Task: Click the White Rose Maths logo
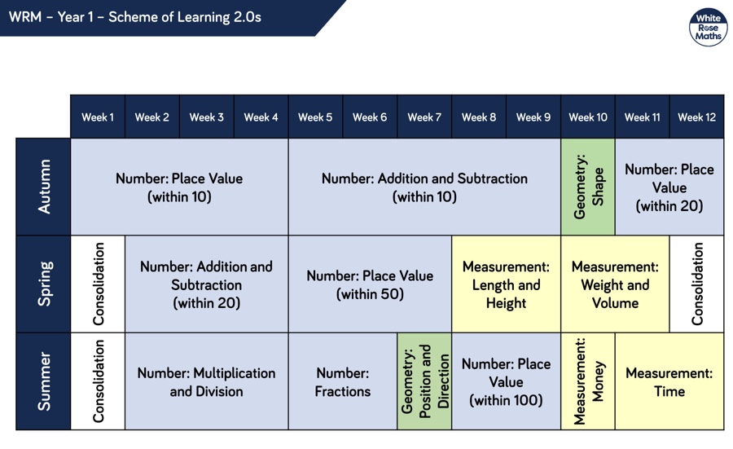pos(708,27)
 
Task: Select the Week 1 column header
pos(98,117)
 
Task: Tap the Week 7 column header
pos(424,117)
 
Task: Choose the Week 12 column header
pos(696,117)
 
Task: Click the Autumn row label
pos(43,187)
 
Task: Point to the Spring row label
pos(43,284)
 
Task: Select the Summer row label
pos(43,381)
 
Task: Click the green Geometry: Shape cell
pos(588,187)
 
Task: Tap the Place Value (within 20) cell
pos(669,187)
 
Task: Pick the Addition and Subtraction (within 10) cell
pos(424,187)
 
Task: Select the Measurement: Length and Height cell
pos(507,284)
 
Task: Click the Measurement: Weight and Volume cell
pos(615,284)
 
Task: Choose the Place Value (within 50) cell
pos(370,284)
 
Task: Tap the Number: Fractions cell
pos(343,381)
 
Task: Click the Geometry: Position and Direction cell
pos(424,381)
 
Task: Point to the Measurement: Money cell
pos(588,381)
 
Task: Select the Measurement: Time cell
pos(669,381)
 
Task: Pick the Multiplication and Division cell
pos(207,381)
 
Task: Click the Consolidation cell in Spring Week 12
pos(697,284)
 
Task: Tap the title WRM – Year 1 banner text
pos(135,17)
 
